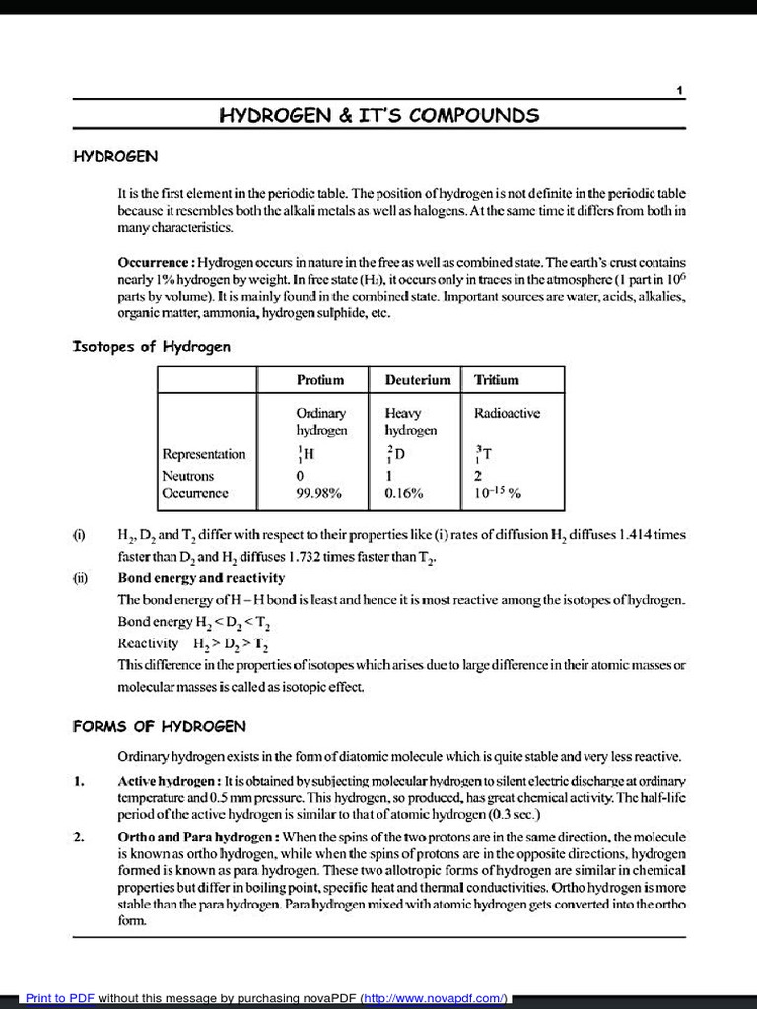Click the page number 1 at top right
coord(680,91)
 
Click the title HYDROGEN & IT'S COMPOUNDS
coord(378,115)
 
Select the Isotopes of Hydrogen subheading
coord(152,346)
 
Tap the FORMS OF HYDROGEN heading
coord(159,726)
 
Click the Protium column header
coord(320,380)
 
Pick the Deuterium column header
coord(417,380)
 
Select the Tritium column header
coord(496,380)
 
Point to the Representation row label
coord(204,454)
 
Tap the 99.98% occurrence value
coord(318,493)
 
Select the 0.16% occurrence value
coord(404,493)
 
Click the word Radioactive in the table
coord(507,413)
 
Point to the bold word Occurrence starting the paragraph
coord(156,263)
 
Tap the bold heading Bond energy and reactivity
coord(201,577)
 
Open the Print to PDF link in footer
coord(59,998)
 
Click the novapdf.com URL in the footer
coord(434,998)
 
